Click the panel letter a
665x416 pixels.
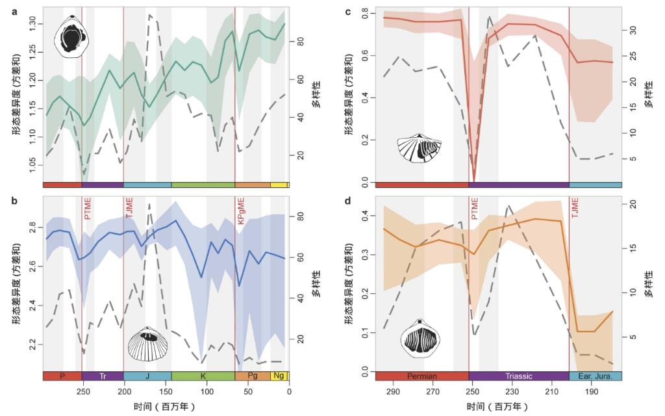point(14,11)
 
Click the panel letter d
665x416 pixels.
point(348,200)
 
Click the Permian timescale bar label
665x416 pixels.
point(421,376)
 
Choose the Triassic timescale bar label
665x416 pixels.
point(518,376)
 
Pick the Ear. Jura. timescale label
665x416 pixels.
point(596,376)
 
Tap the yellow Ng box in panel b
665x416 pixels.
point(279,376)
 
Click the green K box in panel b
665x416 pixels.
point(203,376)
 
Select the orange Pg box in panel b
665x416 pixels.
point(253,376)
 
